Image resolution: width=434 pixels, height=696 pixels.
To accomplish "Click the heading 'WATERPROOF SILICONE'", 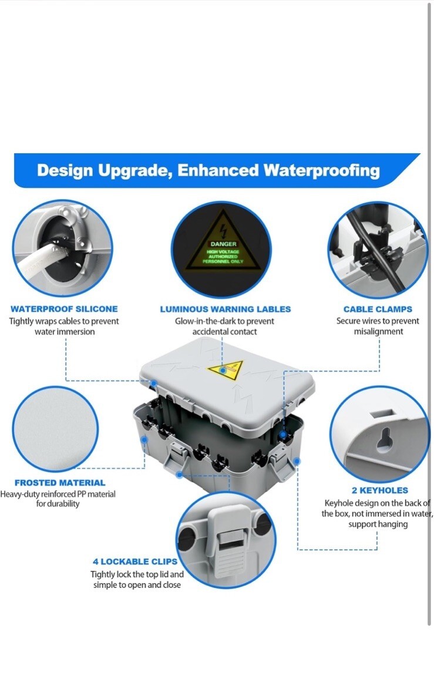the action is [65, 309].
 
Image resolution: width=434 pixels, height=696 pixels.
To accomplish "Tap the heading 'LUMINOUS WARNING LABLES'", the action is [226, 310].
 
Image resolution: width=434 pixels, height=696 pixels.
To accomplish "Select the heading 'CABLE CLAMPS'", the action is [378, 310].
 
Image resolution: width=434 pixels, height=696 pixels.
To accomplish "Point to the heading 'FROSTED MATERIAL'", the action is [60, 483].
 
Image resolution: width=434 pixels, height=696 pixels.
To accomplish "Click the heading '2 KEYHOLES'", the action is [380, 490].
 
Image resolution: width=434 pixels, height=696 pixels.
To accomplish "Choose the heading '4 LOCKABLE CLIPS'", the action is [135, 561].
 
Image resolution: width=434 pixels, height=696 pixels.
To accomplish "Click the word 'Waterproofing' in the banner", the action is [322, 171].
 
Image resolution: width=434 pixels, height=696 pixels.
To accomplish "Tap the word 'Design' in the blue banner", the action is [65, 171].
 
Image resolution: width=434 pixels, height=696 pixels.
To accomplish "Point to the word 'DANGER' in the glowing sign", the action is [224, 244].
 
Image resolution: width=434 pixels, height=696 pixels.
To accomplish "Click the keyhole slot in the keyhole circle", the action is [383, 439].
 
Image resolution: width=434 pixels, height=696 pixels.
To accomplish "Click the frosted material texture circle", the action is [55, 428].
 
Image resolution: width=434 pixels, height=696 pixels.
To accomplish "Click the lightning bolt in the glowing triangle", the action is [223, 230].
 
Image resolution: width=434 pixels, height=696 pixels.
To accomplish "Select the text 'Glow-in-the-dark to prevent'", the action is [224, 321].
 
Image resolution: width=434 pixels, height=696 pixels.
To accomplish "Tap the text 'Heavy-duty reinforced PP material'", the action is [58, 494].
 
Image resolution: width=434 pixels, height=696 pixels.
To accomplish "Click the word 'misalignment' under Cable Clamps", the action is [379, 332].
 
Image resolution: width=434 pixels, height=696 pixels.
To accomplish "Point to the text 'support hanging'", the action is [378, 524].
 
